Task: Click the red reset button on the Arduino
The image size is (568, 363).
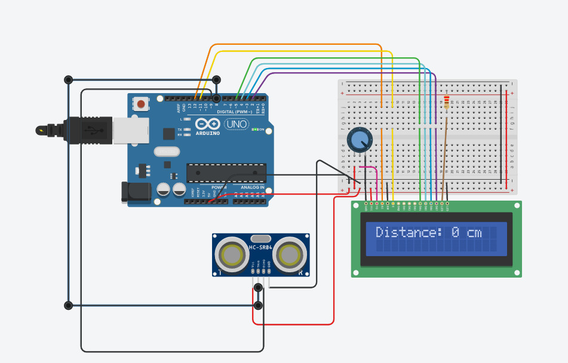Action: tap(141, 104)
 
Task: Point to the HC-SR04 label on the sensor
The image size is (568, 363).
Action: tap(260, 247)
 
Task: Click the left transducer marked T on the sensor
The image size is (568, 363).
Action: tap(231, 255)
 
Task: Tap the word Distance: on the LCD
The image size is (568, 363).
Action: tap(409, 232)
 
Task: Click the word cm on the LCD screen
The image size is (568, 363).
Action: tap(474, 232)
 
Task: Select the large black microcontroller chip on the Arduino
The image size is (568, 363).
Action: tap(226, 173)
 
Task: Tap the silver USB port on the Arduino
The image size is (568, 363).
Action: tap(126, 130)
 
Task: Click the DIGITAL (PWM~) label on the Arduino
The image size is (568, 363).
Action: tap(234, 111)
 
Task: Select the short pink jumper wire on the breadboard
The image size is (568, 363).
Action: tap(367, 168)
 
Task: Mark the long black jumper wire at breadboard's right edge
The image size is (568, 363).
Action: tap(501, 134)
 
